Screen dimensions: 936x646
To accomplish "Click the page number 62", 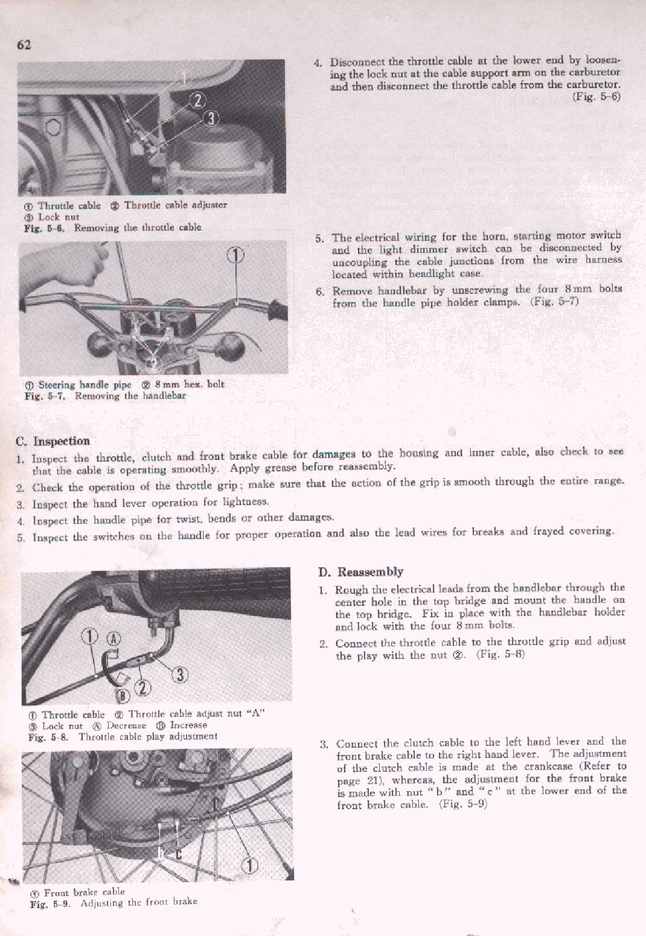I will (x=24, y=45).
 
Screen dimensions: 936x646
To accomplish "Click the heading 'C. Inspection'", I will (x=53, y=441).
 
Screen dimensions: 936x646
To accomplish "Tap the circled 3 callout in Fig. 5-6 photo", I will (x=210, y=118).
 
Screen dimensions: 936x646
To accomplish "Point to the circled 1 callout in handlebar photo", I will (x=236, y=255).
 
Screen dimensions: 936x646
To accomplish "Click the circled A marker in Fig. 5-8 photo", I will (x=113, y=638).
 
